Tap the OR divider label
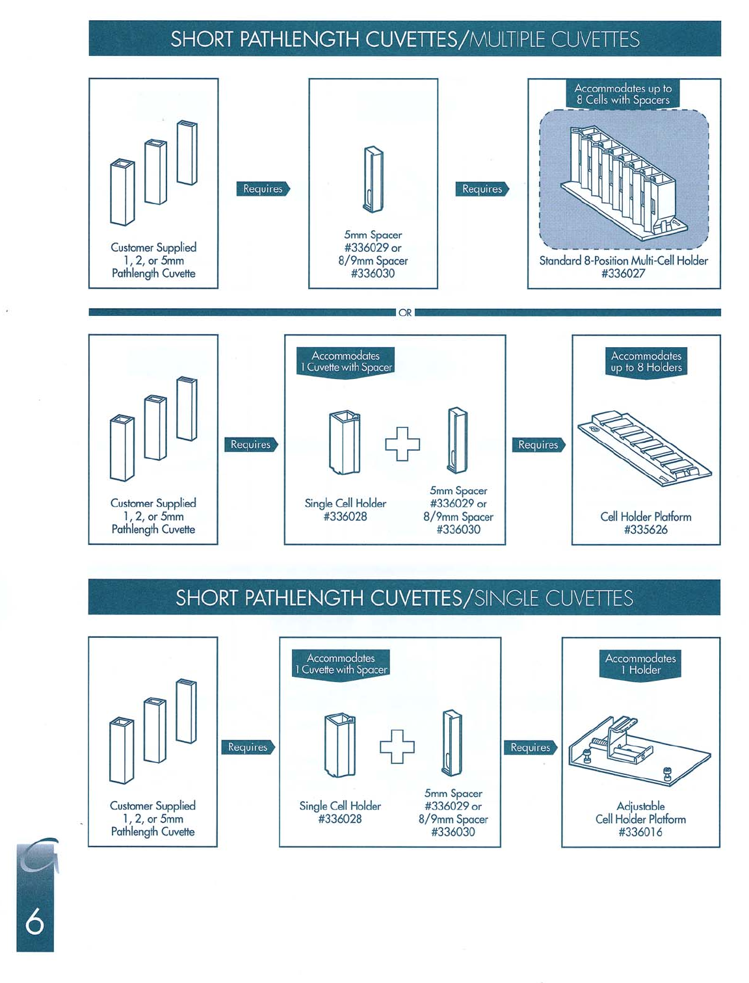point(404,313)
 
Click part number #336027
point(623,274)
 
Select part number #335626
point(646,530)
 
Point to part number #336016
point(640,832)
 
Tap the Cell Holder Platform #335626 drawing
point(645,449)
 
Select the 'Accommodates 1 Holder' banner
point(640,664)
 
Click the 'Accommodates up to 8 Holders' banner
point(646,362)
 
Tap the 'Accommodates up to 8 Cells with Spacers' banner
point(623,94)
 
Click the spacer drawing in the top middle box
point(373,179)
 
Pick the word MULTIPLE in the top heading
point(507,40)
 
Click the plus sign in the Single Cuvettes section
point(397,746)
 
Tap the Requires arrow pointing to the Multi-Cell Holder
point(482,189)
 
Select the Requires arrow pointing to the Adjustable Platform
point(531,748)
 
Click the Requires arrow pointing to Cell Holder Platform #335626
point(538,445)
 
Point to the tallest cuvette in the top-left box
point(187,153)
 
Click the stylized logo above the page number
point(38,857)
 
